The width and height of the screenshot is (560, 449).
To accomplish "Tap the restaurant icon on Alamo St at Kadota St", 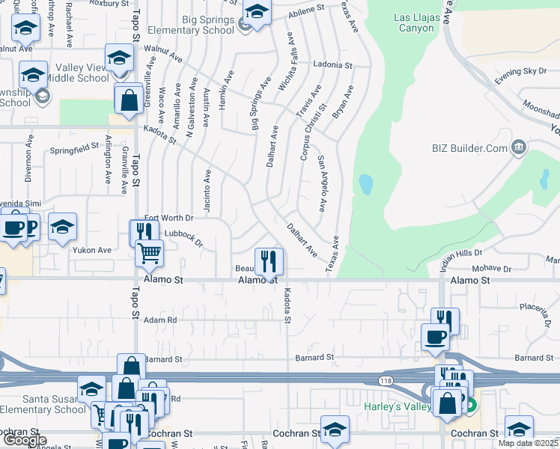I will (269, 262).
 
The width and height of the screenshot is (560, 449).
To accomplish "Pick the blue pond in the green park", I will (365, 183).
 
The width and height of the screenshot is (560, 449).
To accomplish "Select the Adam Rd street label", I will (160, 320).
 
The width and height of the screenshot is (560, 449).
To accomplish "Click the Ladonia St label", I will (332, 66).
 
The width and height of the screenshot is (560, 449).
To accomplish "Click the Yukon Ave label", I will (91, 250).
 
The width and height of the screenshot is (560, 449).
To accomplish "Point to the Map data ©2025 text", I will (528, 443).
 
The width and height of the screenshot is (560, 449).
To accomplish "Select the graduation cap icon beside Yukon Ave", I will (63, 227).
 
